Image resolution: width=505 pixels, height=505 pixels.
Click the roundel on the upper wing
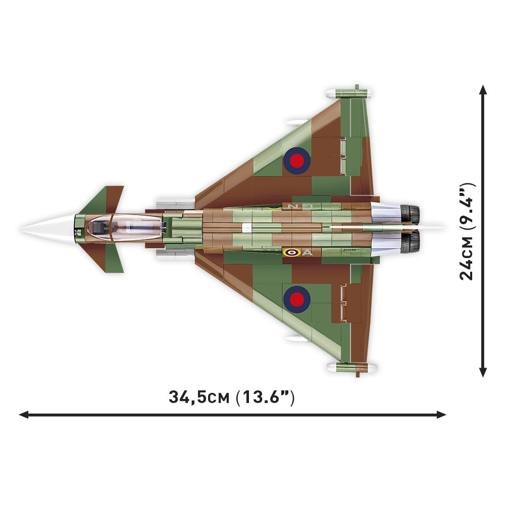point(297,161)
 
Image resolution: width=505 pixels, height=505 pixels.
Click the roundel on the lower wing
point(297,298)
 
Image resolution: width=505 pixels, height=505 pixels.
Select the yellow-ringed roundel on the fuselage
point(291,252)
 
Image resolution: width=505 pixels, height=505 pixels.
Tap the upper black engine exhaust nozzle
point(411,214)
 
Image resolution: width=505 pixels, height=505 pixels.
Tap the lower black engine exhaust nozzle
point(411,242)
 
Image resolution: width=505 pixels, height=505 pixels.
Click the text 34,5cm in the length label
point(199,397)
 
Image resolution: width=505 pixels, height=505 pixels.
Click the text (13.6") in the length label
point(265,397)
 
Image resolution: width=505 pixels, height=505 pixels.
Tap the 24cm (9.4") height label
point(467,231)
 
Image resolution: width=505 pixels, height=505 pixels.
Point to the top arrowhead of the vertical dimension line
point(483,90)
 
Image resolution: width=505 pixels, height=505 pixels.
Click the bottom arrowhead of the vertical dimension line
point(483,372)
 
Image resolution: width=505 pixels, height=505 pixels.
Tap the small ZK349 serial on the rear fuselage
point(348,249)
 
